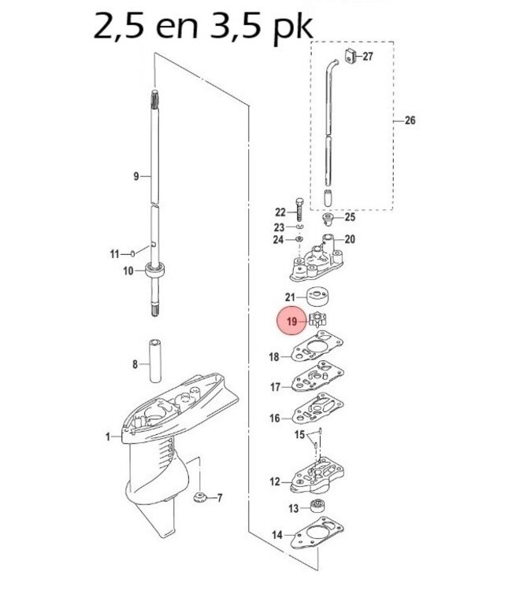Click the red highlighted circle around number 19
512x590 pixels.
coord(291,322)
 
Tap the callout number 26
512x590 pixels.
coord(410,120)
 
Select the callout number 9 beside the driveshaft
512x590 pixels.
coord(135,177)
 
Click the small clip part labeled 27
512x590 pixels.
coord(350,55)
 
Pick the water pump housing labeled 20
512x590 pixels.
coord(318,260)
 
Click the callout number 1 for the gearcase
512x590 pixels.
coord(109,436)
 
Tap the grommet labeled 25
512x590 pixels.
coord(330,218)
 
